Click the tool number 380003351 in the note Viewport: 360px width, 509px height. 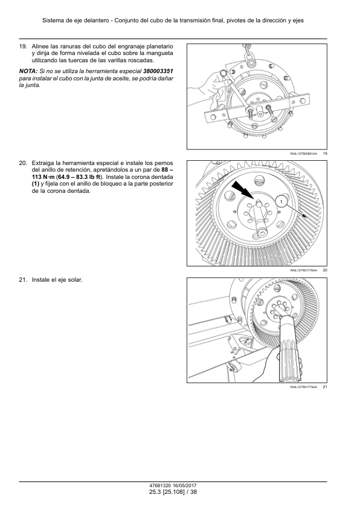(x=158, y=71)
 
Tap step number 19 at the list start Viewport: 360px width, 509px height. (x=23, y=47)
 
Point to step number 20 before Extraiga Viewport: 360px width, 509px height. (x=23, y=163)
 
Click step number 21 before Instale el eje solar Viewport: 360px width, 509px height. (x=23, y=280)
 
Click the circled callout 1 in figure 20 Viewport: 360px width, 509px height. (x=281, y=202)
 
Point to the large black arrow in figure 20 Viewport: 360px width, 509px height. (x=243, y=190)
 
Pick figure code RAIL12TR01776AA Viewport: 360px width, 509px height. (x=304, y=270)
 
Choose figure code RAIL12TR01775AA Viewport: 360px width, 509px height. (x=304, y=387)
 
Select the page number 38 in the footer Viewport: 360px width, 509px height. (x=194, y=492)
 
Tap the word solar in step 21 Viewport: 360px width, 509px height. (x=75, y=280)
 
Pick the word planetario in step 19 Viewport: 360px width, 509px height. (x=160, y=47)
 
